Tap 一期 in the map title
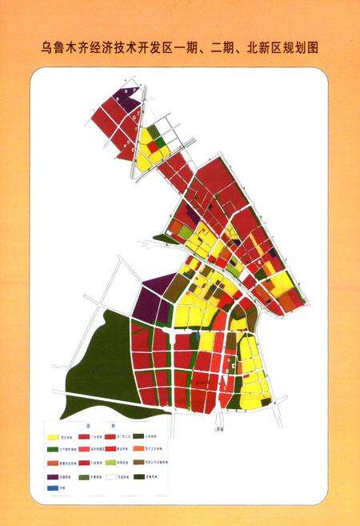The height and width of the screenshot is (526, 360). point(193,47)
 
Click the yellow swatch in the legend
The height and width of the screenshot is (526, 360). point(53,437)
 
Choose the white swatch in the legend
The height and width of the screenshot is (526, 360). point(110,476)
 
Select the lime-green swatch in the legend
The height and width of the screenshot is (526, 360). point(110,462)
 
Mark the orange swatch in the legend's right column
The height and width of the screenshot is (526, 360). point(138,449)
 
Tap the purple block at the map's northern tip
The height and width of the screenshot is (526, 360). point(127,96)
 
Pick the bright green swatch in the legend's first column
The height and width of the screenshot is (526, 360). point(53,449)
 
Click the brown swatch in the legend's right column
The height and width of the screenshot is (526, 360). point(138,462)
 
